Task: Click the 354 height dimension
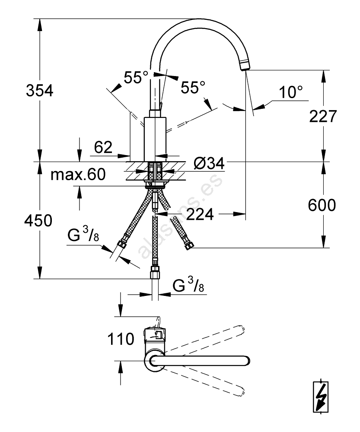pyautogui.click(x=40, y=91)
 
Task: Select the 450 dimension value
pyautogui.click(x=39, y=221)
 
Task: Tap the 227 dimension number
pyautogui.click(x=322, y=116)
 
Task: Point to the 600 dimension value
pyautogui.click(x=322, y=206)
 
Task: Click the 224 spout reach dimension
pyautogui.click(x=200, y=213)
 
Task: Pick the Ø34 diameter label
pyautogui.click(x=209, y=163)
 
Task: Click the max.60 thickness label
pyautogui.click(x=78, y=175)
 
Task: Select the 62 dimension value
pyautogui.click(x=103, y=148)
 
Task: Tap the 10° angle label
pyautogui.click(x=290, y=92)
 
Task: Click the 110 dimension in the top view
pyautogui.click(x=122, y=339)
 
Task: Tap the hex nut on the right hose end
pyautogui.click(x=188, y=246)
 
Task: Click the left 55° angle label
pyautogui.click(x=136, y=78)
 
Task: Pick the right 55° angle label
pyautogui.click(x=192, y=88)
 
